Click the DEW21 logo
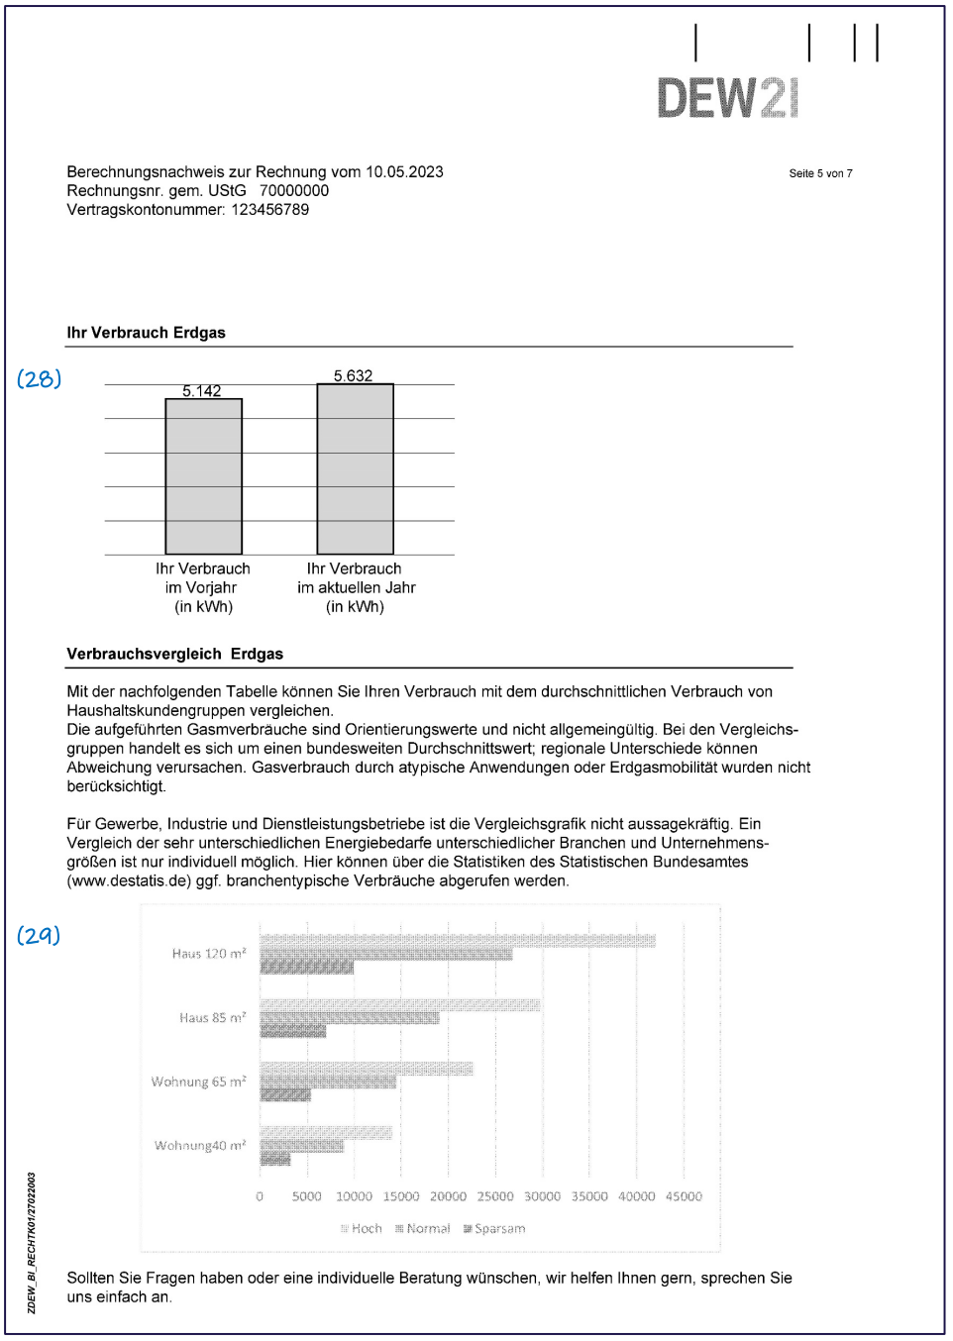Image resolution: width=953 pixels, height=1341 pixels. (x=728, y=98)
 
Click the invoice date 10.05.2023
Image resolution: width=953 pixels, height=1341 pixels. (x=404, y=172)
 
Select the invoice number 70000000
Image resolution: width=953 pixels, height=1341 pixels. (x=294, y=191)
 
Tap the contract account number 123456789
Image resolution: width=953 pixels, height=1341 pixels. (x=269, y=210)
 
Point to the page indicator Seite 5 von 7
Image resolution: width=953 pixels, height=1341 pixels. (x=820, y=173)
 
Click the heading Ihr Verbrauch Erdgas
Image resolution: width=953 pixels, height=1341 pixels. (x=146, y=333)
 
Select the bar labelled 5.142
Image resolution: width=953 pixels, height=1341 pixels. (x=203, y=476)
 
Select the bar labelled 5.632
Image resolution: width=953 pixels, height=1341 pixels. (x=355, y=468)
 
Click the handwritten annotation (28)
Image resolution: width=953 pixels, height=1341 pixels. (x=40, y=378)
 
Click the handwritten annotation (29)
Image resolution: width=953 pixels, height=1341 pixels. (x=39, y=935)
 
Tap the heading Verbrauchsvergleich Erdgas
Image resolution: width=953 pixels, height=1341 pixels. (x=174, y=654)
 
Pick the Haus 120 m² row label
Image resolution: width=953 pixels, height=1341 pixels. (x=209, y=954)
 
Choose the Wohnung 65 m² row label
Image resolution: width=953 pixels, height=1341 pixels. (x=198, y=1082)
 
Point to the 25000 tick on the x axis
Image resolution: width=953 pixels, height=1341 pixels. (x=495, y=1196)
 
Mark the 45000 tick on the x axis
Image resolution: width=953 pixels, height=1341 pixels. (x=684, y=1196)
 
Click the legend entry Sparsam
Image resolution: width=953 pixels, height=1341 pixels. (x=494, y=1229)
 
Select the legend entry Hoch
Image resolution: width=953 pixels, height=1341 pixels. (x=362, y=1229)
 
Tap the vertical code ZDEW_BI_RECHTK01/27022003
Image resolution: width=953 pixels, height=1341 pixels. (x=32, y=1243)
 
